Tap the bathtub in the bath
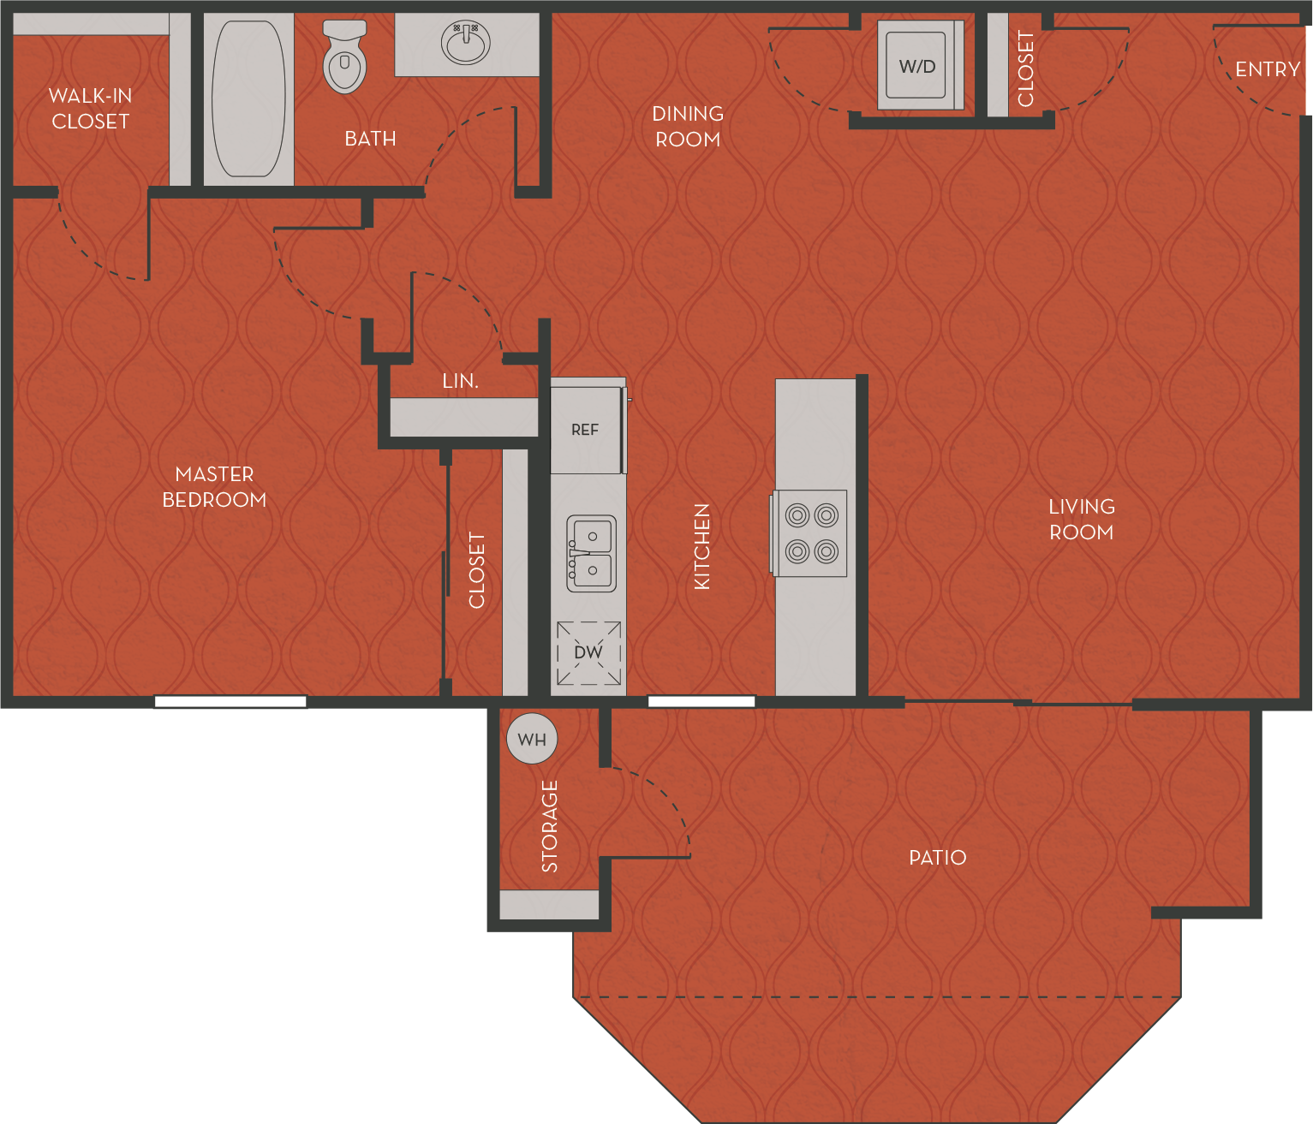coord(248,98)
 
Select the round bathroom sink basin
coord(465,43)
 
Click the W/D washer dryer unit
coord(917,66)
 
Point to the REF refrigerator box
coord(586,430)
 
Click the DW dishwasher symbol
coord(588,653)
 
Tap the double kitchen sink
coord(591,554)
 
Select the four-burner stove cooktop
coord(811,533)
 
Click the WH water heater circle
coord(532,739)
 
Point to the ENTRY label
coord(1267,69)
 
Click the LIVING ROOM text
coord(1082,520)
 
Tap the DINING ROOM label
coord(688,127)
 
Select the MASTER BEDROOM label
coord(214,487)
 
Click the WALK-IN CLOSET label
coord(90,109)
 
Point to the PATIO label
coord(937,858)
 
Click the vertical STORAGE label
coord(550,826)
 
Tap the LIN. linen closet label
coord(460,381)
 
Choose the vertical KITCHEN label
coord(702,546)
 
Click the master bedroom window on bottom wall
coord(230,702)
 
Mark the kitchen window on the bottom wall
coord(701,702)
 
